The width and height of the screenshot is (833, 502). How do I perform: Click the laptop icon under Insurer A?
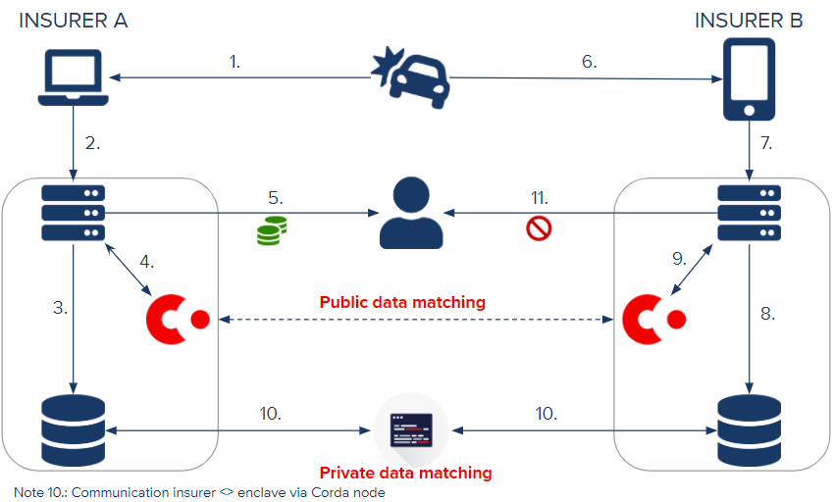[74, 77]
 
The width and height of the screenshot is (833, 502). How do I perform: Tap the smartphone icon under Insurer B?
[749, 79]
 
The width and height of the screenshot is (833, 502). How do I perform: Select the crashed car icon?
[411, 77]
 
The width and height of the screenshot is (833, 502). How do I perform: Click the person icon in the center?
[411, 213]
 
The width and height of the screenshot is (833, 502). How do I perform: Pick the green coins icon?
[272, 230]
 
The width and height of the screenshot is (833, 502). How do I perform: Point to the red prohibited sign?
[539, 228]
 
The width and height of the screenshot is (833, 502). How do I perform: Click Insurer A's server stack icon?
[74, 213]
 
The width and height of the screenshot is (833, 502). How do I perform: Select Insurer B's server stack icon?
[749, 213]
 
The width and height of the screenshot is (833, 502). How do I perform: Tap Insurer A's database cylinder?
[74, 430]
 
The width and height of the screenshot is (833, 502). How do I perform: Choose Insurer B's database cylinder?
[749, 430]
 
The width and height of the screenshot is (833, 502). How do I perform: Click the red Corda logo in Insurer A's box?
[178, 320]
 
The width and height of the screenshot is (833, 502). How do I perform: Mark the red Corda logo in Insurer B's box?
[654, 320]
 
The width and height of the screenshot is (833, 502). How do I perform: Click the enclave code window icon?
[411, 430]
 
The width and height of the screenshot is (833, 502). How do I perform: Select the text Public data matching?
[402, 302]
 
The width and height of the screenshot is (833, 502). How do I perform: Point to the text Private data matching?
[405, 473]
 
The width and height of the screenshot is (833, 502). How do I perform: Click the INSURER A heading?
[74, 21]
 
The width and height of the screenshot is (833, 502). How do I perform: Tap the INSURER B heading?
[749, 21]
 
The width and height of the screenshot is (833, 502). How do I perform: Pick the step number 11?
[540, 198]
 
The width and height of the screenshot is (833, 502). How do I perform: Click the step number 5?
[275, 198]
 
